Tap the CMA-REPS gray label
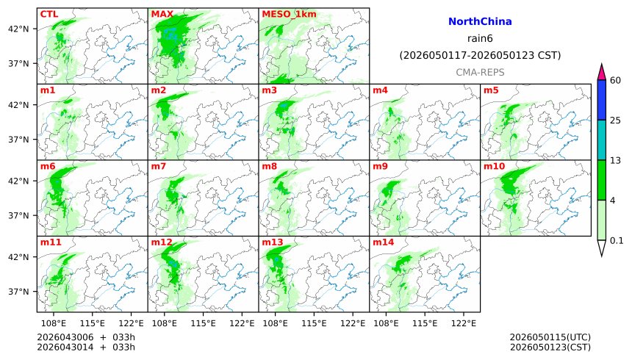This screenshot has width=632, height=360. [479, 72]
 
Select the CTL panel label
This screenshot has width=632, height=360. [49, 14]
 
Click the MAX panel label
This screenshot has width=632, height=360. [162, 14]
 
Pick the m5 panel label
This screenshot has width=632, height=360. [491, 90]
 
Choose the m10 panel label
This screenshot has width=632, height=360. [493, 167]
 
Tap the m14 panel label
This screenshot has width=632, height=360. [382, 242]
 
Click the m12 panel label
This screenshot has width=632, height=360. [161, 242]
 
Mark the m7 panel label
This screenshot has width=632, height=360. [159, 167]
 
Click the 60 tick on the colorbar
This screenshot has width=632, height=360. [616, 80]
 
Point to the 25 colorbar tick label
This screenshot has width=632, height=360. [616, 120]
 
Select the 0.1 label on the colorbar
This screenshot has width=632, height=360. [617, 240]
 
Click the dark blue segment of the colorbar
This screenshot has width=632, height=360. [601, 100]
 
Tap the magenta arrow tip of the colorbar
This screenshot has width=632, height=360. [601, 71]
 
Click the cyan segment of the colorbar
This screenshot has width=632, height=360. [601, 140]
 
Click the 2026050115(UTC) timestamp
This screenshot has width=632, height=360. [550, 337]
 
